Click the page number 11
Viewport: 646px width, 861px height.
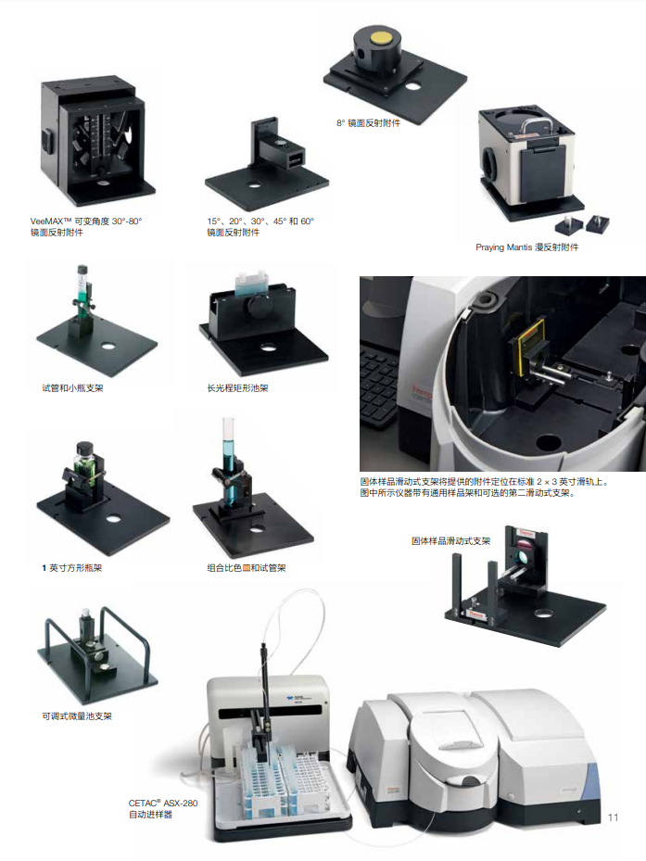pos(613,817)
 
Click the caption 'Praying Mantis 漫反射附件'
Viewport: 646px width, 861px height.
pos(526,247)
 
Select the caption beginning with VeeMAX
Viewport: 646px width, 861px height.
pos(86,227)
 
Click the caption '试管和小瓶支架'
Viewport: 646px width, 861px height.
pos(72,388)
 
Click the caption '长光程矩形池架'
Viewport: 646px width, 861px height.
pos(237,388)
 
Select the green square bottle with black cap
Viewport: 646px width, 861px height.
pos(85,465)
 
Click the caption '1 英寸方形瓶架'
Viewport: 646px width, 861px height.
pos(72,568)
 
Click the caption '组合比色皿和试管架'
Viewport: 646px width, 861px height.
pos(247,568)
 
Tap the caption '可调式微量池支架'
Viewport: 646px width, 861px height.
pos(77,716)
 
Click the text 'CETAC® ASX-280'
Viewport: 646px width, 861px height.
pos(163,803)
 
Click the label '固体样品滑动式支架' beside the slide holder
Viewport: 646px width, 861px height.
pos(451,541)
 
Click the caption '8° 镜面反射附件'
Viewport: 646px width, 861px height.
pos(369,123)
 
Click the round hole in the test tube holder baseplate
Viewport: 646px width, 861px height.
pos(108,347)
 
